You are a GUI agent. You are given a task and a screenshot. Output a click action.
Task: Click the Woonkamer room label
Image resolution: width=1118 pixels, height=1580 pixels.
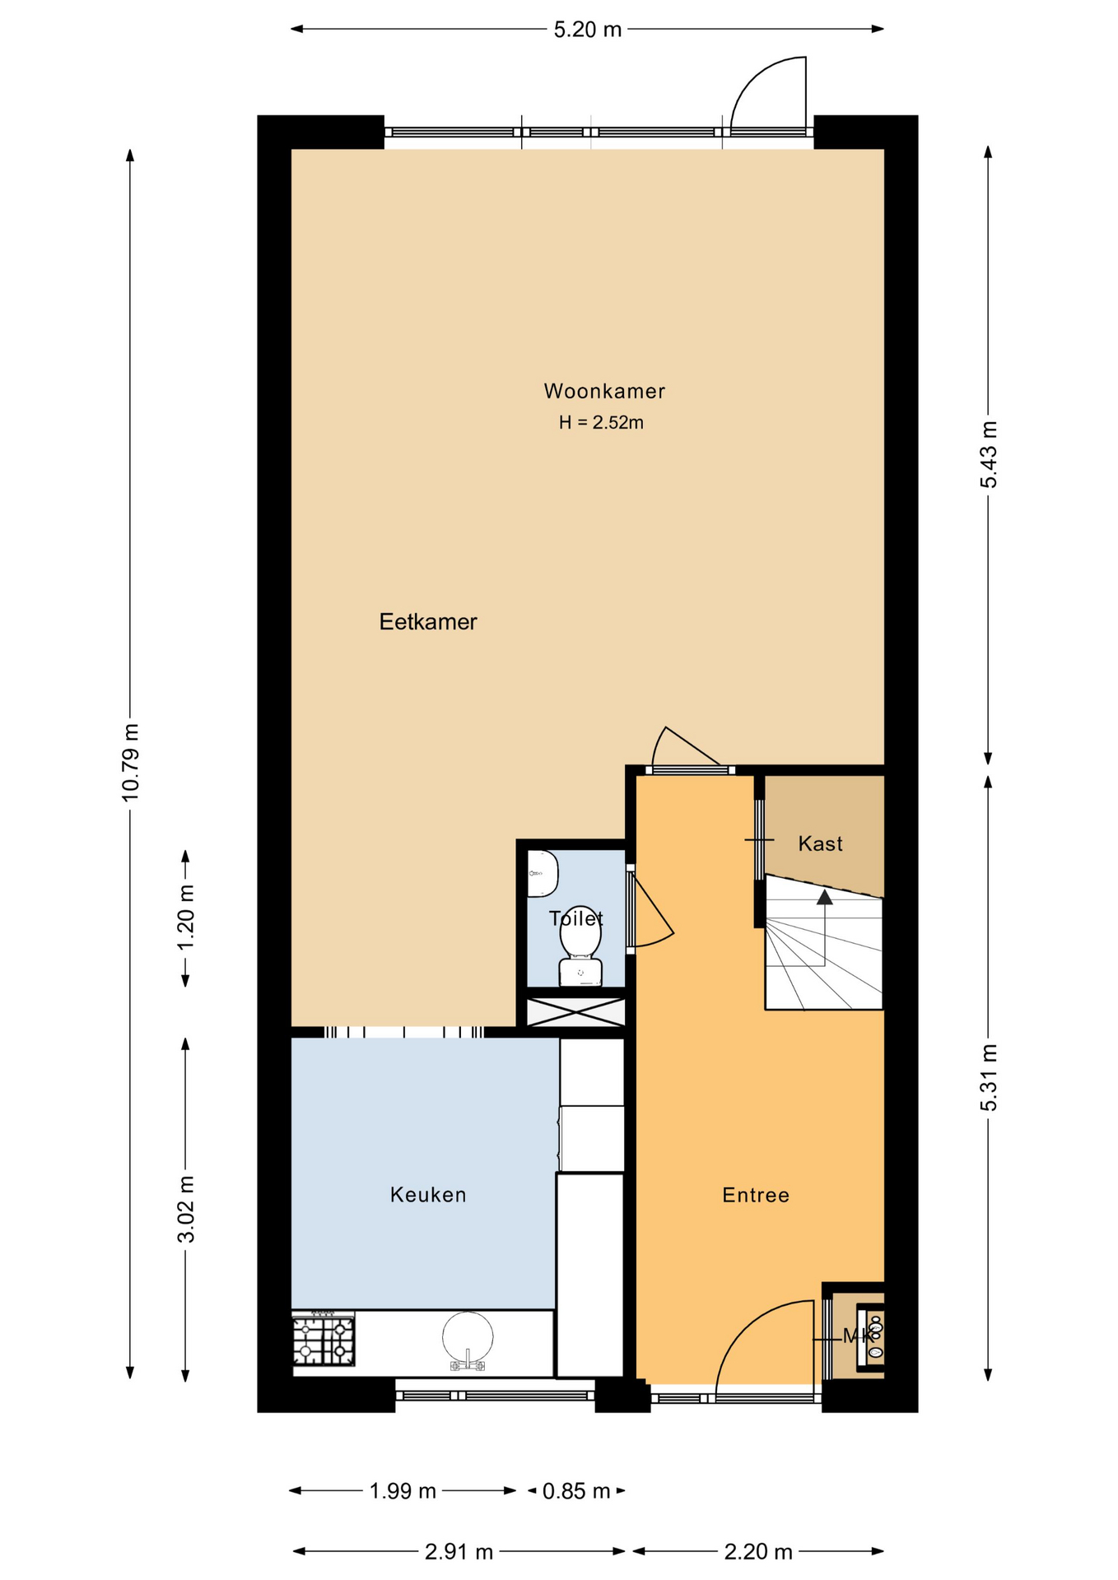pos(604,391)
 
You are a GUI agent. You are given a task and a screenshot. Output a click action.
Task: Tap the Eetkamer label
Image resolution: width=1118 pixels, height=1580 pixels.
pos(428,621)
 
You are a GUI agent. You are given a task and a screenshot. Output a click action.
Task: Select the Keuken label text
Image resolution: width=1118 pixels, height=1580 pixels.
pos(428,1195)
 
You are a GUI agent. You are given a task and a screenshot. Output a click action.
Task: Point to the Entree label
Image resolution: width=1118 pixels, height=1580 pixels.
pos(756,1195)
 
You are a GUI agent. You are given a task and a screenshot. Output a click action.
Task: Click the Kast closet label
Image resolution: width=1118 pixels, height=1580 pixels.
pos(821,843)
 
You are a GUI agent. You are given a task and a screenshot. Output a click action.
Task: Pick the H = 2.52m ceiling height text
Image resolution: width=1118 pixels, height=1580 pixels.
pos(601,423)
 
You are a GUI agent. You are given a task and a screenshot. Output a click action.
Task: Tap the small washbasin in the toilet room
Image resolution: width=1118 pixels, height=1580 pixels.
pos(543,873)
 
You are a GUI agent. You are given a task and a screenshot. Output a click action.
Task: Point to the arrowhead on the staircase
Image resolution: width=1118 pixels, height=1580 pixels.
pos(824,896)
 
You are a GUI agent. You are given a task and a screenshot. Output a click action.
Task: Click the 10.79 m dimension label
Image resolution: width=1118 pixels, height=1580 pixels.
pos(130,762)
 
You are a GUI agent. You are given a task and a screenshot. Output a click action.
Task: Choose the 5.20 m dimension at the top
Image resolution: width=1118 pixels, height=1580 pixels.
pos(588,30)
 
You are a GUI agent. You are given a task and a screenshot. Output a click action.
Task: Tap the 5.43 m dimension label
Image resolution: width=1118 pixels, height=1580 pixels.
pos(989,454)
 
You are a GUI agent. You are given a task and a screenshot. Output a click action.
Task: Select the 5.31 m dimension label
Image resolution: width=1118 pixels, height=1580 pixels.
pos(989,1077)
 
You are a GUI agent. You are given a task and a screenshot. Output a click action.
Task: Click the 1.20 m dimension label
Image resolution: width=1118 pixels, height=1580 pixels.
pos(186,917)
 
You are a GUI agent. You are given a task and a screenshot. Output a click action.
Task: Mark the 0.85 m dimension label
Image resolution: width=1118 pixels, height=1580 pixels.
pos(576,1491)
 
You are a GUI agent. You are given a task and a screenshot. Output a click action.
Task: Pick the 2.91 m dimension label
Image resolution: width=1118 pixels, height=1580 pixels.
pos(459,1552)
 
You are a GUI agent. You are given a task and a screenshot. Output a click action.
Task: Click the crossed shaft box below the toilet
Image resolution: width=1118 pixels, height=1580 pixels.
pos(575,1011)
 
